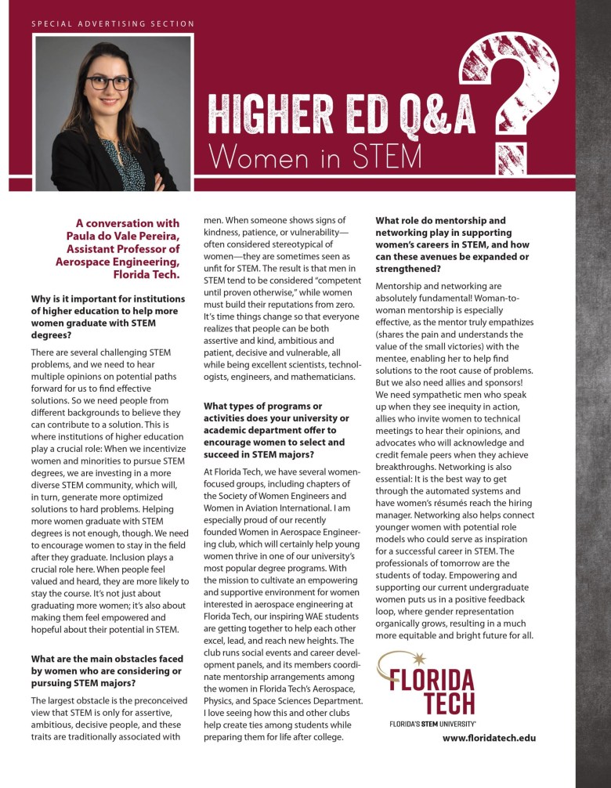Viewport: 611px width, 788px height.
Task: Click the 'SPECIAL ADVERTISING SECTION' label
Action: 113,24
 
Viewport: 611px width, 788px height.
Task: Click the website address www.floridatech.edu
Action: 489,737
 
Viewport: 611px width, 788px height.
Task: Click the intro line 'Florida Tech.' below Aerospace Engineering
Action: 146,274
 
